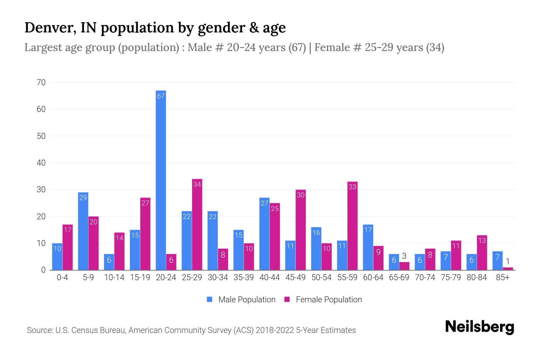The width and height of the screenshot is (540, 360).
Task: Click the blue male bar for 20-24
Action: coord(161,180)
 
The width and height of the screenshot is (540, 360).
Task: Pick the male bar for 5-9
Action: coord(83,231)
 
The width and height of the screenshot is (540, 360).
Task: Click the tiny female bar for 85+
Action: coord(508,268)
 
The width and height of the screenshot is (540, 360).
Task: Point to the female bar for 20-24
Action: coord(171,262)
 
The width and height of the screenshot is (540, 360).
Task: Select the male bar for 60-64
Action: coord(368,247)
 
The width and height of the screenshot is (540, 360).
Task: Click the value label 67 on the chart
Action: coord(161,96)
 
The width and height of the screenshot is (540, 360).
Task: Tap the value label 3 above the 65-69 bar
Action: coord(404,256)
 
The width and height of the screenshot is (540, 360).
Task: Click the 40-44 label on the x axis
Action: coord(269,277)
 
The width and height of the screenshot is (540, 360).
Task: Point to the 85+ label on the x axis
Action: coord(502,277)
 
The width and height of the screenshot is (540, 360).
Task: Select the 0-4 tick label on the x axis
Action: coord(62,277)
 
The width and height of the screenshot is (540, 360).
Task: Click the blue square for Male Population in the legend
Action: coord(209,299)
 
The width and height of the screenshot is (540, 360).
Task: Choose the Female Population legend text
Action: coord(329,299)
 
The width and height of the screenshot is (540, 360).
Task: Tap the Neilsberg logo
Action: coord(479,327)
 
